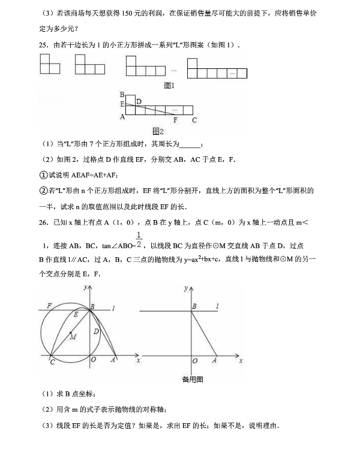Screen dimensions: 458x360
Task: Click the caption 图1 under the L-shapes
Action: click(169, 86)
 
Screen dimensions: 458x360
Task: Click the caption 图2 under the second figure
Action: click(158, 131)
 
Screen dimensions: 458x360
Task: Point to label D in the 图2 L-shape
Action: click(139, 101)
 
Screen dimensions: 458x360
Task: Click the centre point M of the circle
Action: click(71, 333)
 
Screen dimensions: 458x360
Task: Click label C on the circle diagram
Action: click(52, 363)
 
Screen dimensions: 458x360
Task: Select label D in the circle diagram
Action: click(95, 331)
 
